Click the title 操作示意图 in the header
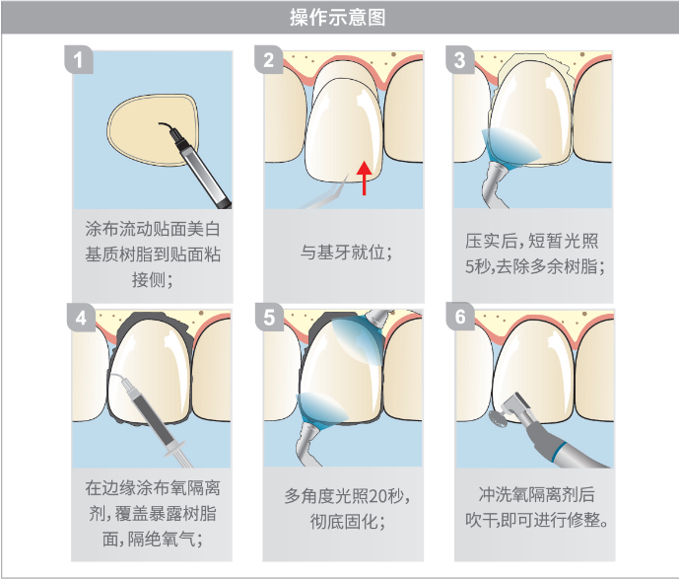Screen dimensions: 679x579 click(338, 18)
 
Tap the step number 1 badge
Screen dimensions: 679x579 click(79, 59)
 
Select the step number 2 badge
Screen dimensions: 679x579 click(268, 59)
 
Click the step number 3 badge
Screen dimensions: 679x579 click(460, 59)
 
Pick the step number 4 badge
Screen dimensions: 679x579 click(81, 318)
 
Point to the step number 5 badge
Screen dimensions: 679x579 click(269, 317)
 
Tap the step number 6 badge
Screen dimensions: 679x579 click(460, 316)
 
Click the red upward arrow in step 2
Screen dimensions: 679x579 click(364, 179)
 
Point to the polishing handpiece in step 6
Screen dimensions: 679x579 click(554, 433)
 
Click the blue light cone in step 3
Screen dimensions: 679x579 click(511, 147)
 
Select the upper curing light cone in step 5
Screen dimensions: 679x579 click(358, 339)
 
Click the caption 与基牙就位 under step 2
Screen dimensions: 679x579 click(342, 253)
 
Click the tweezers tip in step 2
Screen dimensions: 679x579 click(347, 177)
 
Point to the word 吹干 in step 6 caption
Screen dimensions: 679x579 click(482, 520)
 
